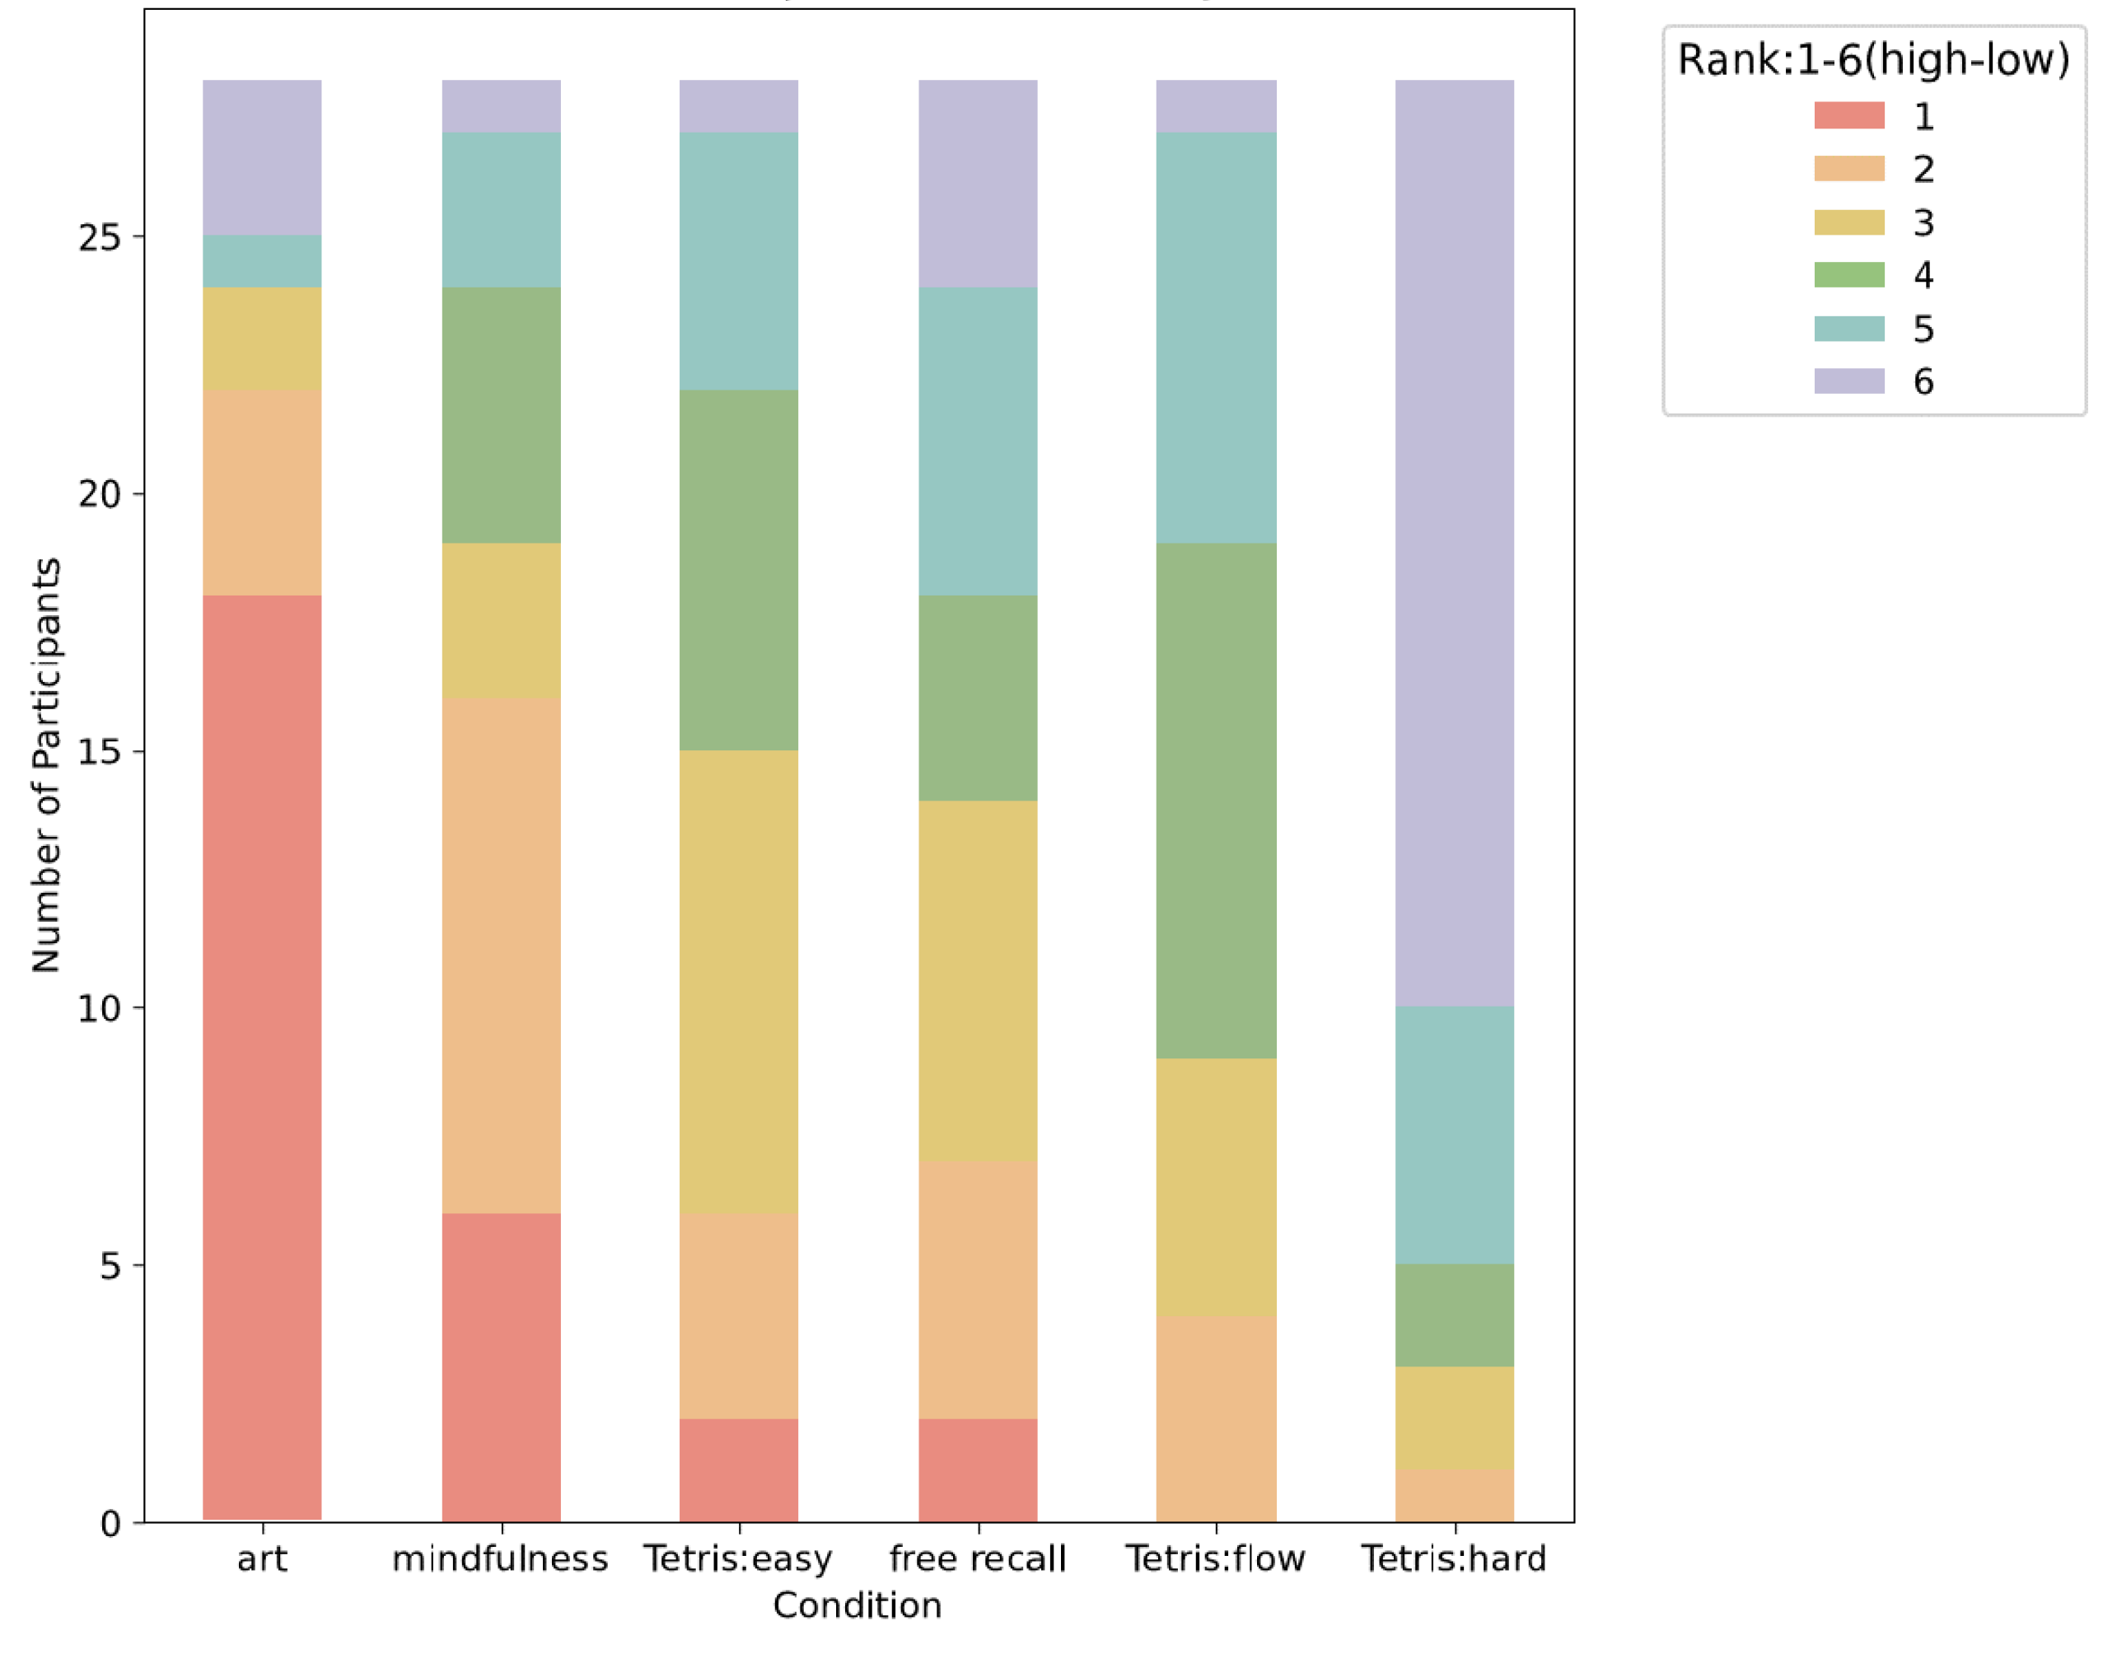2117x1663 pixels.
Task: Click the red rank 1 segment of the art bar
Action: point(262,1057)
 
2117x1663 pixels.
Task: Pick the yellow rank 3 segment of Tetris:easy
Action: point(738,982)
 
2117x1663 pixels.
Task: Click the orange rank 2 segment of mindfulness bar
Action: point(501,954)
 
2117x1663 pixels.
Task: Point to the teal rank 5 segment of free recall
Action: point(978,441)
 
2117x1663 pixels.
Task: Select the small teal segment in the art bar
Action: point(262,261)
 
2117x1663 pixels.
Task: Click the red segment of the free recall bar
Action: point(978,1470)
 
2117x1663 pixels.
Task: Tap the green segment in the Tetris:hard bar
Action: point(1454,1315)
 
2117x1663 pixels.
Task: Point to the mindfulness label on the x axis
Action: point(501,1559)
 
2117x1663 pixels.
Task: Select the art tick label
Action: point(262,1559)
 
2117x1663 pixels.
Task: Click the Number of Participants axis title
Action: point(46,764)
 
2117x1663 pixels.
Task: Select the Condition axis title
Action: point(857,1605)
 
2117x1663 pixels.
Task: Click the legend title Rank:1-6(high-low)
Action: point(1872,60)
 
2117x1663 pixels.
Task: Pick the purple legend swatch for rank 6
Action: point(1848,381)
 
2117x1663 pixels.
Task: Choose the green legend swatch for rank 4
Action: point(1848,274)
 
